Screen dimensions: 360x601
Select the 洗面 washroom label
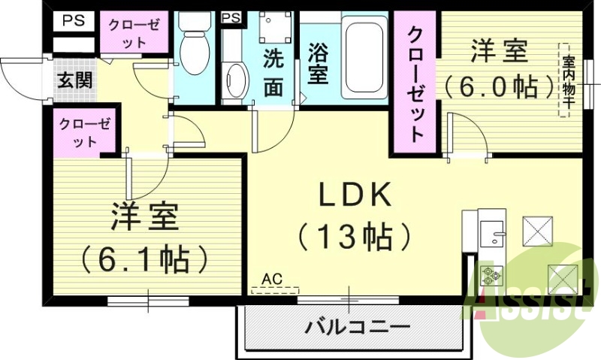pyautogui.click(x=273, y=74)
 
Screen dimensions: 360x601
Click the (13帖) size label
pyautogui.click(x=354, y=237)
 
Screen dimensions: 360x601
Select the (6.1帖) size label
pyautogui.click(x=145, y=259)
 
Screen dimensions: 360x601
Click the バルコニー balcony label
pyautogui.click(x=357, y=328)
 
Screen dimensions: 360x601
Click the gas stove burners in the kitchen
pyautogui.click(x=493, y=275)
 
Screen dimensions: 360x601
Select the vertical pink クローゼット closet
pyautogui.click(x=415, y=83)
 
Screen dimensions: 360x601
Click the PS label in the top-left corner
pyautogui.click(x=73, y=20)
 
